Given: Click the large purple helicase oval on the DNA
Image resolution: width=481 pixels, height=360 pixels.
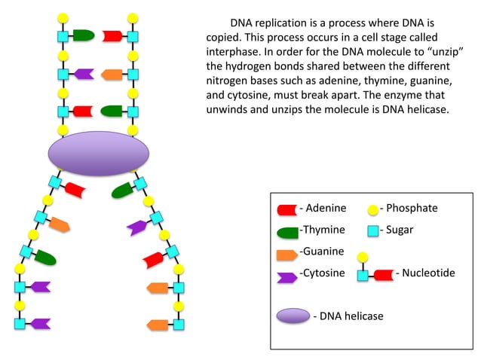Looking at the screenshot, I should (x=98, y=154).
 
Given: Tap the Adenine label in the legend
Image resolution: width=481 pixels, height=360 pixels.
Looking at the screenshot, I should (x=323, y=209).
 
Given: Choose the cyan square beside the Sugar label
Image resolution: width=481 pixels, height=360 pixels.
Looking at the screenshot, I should (x=372, y=230).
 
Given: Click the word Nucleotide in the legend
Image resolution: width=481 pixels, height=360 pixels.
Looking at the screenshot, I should (x=428, y=273).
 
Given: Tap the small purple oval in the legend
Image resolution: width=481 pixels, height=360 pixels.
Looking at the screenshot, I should (x=293, y=316).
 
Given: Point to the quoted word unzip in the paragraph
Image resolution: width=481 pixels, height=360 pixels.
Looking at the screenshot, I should (x=444, y=50).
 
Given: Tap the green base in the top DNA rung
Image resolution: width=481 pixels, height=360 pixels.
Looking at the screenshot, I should (x=83, y=35).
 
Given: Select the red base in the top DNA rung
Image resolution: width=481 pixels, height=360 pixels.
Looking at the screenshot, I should (x=112, y=35).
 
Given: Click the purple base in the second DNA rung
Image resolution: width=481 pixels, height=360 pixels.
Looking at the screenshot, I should (x=83, y=74).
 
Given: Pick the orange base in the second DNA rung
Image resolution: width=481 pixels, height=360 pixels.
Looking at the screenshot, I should (x=112, y=74).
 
